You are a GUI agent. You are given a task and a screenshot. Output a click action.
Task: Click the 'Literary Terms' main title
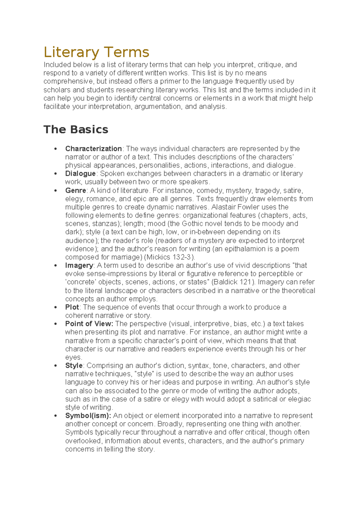click(x=96, y=52)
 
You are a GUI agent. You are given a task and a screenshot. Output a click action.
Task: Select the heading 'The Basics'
click(x=76, y=129)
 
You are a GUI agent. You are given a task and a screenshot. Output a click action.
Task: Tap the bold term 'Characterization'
click(x=93, y=149)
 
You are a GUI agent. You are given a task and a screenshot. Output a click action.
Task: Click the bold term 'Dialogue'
click(x=80, y=173)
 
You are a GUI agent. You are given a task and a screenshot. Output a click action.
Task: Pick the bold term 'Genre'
click(x=76, y=191)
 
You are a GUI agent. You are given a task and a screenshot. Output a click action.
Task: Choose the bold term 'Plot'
click(x=72, y=307)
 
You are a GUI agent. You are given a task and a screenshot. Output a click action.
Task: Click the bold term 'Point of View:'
click(x=89, y=324)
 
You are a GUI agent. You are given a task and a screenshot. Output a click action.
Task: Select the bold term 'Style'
click(x=74, y=366)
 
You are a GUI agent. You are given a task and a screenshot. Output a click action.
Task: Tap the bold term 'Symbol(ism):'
click(x=88, y=416)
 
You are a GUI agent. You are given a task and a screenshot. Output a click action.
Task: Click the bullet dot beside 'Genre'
click(x=55, y=191)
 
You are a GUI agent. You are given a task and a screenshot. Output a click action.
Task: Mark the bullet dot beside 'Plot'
click(x=55, y=307)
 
